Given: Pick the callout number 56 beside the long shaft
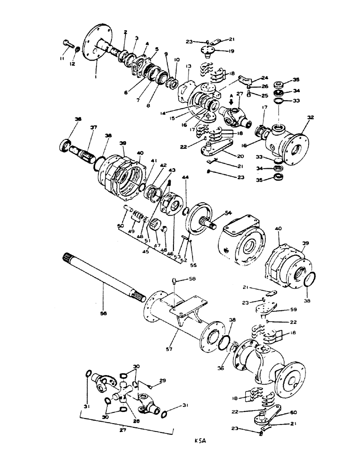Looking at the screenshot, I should [x=104, y=314].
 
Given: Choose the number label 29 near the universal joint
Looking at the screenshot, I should [x=162, y=381].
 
